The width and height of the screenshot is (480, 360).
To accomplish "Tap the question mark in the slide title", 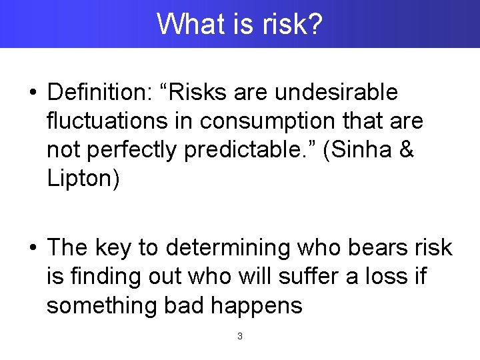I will [316, 25].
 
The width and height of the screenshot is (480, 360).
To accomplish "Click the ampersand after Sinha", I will [407, 151].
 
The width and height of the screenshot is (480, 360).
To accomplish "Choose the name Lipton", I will [83, 180].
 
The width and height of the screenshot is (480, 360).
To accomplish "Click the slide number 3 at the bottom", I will [240, 337].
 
